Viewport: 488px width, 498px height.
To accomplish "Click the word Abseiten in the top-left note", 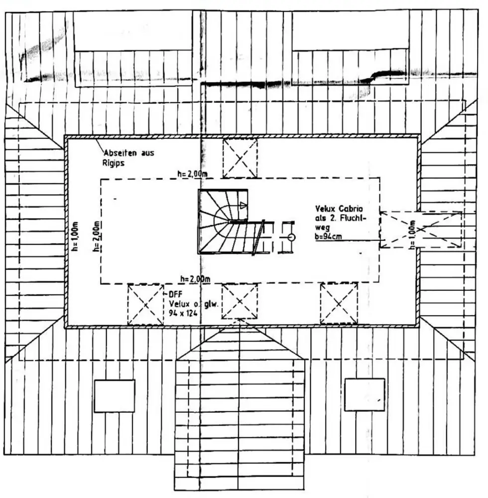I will (118, 152).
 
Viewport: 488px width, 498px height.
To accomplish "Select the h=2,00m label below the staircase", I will (195, 278).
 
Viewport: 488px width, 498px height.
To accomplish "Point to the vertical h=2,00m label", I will (97, 236).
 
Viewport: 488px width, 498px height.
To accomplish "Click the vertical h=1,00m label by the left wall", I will (75, 236).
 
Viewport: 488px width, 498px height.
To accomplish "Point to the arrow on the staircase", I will (243, 205).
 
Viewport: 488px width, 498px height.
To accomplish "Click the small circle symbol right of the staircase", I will (291, 238).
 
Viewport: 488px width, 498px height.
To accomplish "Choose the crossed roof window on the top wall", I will (240, 158).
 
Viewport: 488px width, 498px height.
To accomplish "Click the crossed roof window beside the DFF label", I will (145, 304).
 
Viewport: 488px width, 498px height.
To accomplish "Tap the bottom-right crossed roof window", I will (339, 303).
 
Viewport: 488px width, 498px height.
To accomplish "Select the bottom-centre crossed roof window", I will (240, 301).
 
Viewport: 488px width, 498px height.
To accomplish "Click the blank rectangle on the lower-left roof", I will (115, 395).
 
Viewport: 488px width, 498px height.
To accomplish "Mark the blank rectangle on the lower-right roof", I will (365, 394).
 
